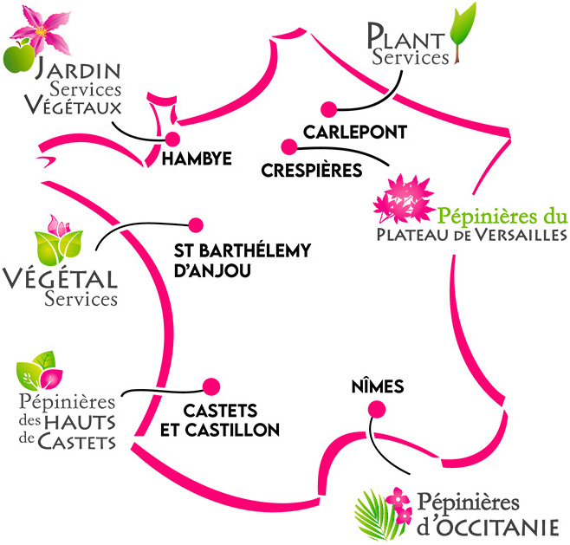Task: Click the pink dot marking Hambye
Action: [x=172, y=139]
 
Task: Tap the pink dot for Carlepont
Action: [x=327, y=109]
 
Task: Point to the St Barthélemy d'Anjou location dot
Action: [x=195, y=224]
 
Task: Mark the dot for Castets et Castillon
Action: [x=209, y=386]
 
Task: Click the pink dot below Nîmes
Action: [x=374, y=410]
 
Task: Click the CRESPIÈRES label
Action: [x=311, y=170]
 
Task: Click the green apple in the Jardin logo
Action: [x=17, y=57]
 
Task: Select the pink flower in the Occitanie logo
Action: [x=396, y=499]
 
